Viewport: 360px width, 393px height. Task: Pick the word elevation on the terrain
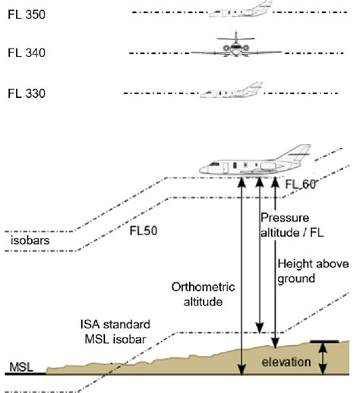coord(286,362)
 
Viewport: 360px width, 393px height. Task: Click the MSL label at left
coord(20,367)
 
